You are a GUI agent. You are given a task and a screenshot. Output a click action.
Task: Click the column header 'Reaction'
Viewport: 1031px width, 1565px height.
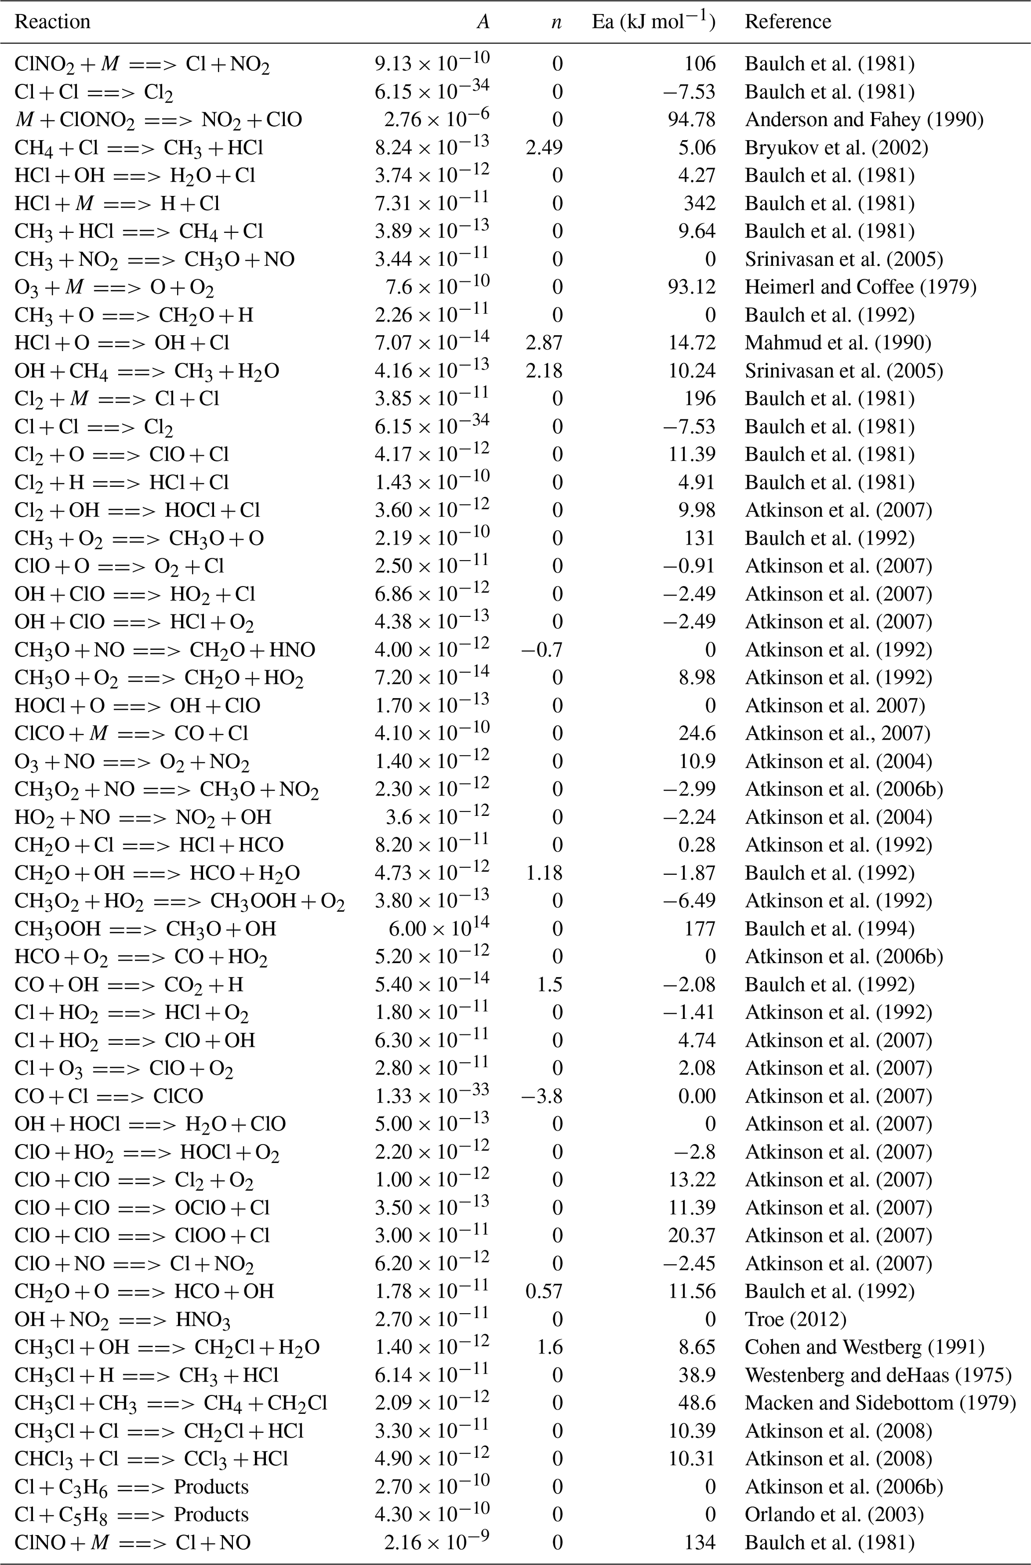52,22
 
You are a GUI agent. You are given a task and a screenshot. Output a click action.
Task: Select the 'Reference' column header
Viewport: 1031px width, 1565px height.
788,22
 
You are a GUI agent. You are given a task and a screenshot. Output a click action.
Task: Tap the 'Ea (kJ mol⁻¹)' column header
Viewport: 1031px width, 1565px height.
653,22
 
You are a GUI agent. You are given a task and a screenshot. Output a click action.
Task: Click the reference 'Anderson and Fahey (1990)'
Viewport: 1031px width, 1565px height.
864,120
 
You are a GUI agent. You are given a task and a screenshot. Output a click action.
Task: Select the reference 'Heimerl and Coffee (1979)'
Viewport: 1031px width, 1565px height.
860,287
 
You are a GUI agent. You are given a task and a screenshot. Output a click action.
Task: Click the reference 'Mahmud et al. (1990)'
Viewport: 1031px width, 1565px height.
837,343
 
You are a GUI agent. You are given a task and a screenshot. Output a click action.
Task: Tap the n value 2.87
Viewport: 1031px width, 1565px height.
545,343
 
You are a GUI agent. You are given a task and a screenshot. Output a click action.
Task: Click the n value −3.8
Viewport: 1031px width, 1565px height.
541,1096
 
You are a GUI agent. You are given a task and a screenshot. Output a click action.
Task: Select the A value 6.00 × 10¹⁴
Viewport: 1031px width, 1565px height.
438,929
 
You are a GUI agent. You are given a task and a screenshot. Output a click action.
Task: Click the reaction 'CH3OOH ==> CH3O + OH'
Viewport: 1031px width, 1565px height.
145,929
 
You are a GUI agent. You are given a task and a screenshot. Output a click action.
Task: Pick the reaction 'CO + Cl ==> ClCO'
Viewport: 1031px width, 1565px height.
109,1096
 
